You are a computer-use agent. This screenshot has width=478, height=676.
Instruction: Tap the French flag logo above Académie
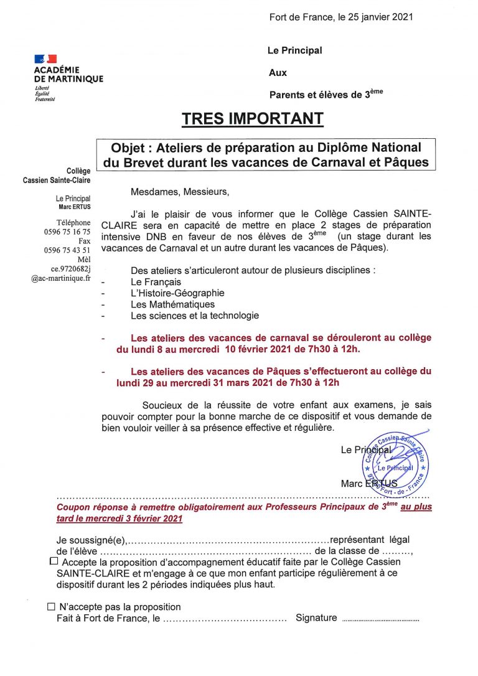click(x=45, y=59)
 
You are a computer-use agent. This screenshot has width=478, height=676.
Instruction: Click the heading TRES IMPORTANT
click(x=252, y=118)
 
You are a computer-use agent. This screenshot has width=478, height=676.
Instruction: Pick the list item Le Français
click(x=156, y=282)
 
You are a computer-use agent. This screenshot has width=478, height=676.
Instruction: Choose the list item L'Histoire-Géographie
click(x=177, y=293)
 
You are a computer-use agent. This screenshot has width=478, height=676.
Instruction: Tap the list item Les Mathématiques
click(x=172, y=304)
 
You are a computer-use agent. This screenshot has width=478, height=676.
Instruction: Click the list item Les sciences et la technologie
click(x=195, y=316)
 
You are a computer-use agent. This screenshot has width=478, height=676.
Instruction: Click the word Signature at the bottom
click(x=316, y=618)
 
